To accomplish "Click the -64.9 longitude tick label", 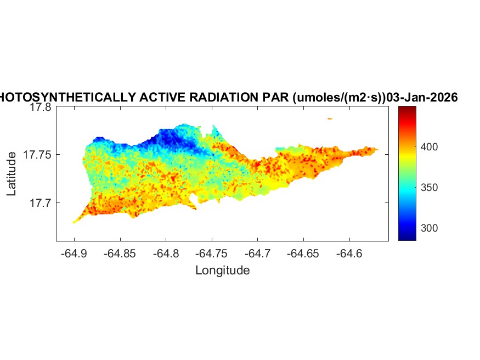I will (74, 254).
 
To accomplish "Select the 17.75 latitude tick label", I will (37, 155).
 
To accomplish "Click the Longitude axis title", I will (223, 270).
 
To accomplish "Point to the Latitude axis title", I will (12, 174).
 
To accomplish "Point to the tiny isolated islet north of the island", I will (330, 118).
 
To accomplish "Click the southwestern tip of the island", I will (75, 222).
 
